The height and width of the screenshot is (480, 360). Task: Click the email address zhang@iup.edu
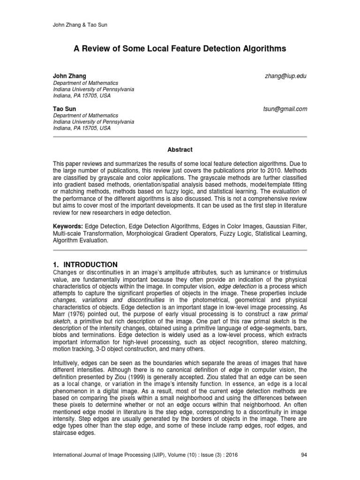(x=285, y=76)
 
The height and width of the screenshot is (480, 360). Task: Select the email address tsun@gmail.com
(x=285, y=109)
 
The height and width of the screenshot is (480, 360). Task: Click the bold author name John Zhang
(x=69, y=76)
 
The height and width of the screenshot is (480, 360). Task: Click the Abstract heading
(x=180, y=150)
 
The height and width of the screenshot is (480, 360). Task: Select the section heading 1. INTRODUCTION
(x=85, y=264)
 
